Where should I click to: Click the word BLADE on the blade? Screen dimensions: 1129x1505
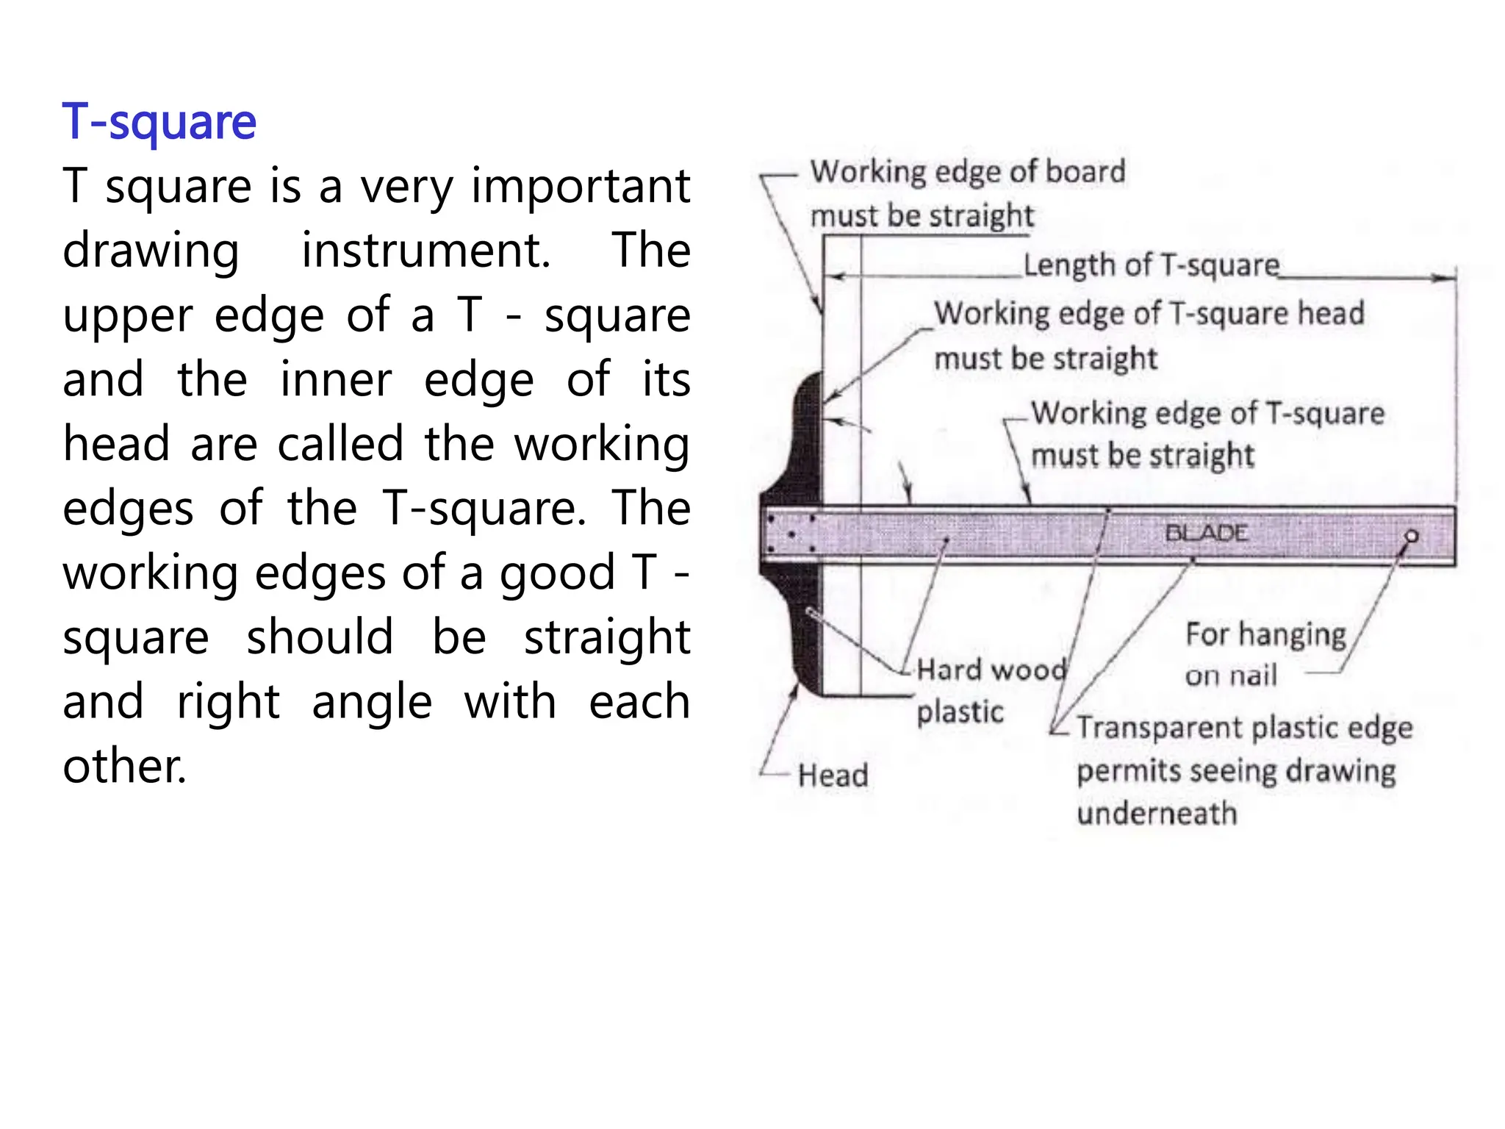[1206, 533]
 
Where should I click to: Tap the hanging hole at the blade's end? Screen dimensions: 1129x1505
[1411, 537]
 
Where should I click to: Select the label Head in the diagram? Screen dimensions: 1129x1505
[833, 775]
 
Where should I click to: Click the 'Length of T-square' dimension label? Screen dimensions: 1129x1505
[1151, 265]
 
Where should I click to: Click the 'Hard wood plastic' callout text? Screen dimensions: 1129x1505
[991, 689]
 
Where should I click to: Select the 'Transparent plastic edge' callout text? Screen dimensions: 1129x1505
[1244, 728]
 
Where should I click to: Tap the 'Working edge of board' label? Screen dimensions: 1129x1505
[967, 172]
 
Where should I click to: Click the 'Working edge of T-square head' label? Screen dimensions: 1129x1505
[1149, 314]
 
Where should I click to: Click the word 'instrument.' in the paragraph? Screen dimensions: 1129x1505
[426, 251]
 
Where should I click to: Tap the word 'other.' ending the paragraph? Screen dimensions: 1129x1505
[124, 766]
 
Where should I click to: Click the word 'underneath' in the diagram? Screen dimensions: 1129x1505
[1157, 814]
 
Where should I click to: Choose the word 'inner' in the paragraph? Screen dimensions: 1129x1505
[336, 380]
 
